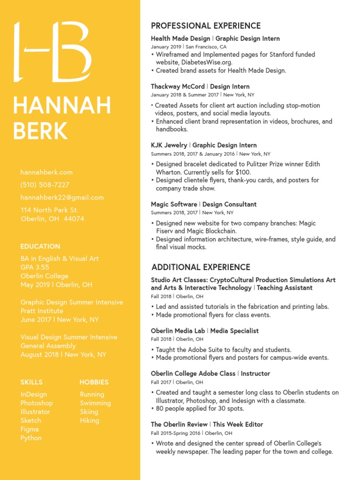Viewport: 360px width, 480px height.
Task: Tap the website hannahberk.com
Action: [46, 172]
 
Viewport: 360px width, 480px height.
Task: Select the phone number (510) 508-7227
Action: [45, 185]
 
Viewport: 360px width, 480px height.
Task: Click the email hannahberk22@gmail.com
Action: [62, 198]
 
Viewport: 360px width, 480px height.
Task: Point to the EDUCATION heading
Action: [40, 247]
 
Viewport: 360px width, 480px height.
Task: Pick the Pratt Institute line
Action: [42, 311]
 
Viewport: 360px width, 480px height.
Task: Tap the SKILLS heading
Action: [31, 382]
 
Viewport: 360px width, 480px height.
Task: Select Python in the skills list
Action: [31, 438]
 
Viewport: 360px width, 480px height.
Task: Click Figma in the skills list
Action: [30, 429]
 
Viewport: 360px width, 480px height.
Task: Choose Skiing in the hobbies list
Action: [89, 412]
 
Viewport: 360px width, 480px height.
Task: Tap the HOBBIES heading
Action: [94, 382]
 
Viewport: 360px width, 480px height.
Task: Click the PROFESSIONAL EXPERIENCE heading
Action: [205, 26]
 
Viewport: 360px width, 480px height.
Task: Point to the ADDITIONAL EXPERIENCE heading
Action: [201, 268]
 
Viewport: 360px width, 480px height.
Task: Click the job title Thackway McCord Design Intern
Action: [200, 87]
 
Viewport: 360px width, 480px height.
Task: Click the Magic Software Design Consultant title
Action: [204, 204]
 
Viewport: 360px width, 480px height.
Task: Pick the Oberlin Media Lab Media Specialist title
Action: [204, 331]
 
